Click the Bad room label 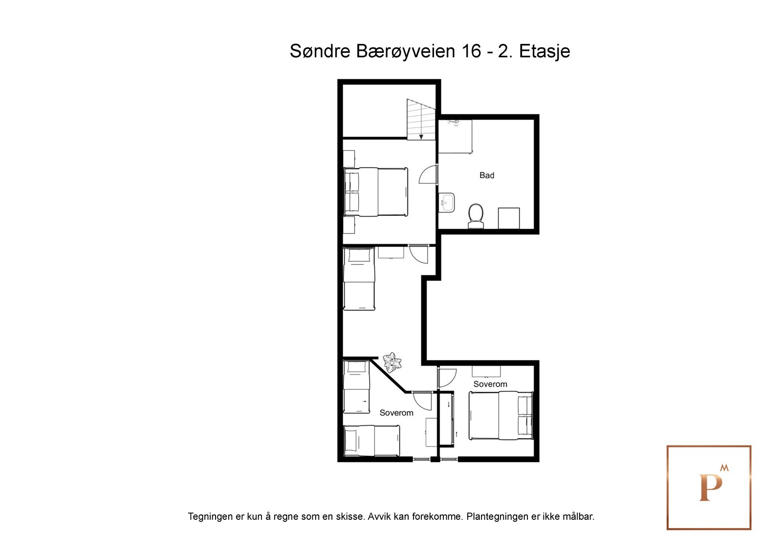coord(486,175)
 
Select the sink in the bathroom coord(447,202)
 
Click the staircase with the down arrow coord(421,120)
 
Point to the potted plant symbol coord(392,362)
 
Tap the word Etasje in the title coord(544,51)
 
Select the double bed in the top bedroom coord(376,192)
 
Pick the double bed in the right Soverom coord(501,415)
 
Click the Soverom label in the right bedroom coord(490,384)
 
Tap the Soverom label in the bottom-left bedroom coord(396,413)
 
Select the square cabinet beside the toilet coord(508,218)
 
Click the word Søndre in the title coord(321,51)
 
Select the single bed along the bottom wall coord(372,441)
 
